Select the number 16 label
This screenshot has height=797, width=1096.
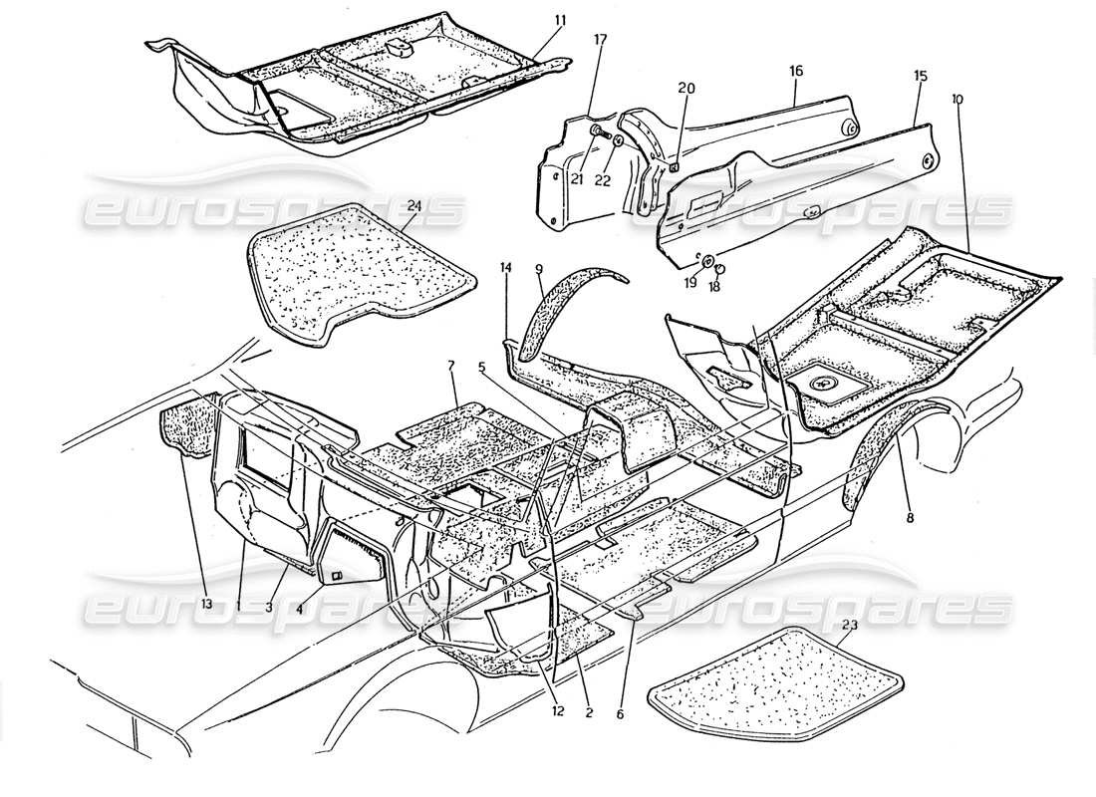coord(796,72)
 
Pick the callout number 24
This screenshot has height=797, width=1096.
coord(414,207)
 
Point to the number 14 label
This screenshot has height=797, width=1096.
coord(506,268)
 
